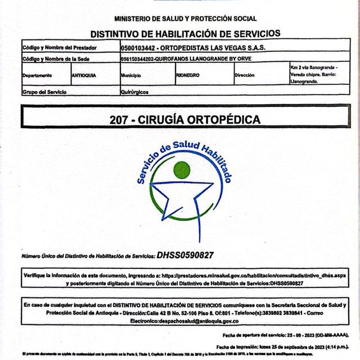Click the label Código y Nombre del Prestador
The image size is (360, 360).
click(60, 48)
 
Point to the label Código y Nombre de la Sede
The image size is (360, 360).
click(59, 58)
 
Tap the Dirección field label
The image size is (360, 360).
click(245, 75)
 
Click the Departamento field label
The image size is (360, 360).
click(38, 75)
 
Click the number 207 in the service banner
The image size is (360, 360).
click(120, 119)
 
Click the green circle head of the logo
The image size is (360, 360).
click(182, 169)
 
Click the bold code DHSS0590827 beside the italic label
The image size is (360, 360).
click(185, 255)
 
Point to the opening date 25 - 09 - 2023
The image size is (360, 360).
click(304, 335)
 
